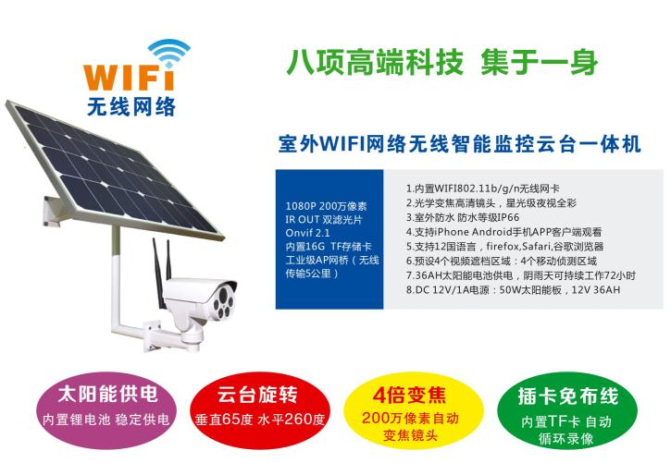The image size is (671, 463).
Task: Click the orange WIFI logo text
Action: point(129,78)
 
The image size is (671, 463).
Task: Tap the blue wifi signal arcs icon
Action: point(168,53)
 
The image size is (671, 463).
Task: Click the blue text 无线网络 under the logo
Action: point(130,107)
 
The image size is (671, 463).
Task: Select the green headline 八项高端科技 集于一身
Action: point(441,62)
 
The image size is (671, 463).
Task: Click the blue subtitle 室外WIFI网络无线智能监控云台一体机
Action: point(460,144)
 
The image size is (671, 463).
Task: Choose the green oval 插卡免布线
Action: point(567,410)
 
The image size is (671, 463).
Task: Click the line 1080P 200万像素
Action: point(326,206)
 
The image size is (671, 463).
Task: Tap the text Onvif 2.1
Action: point(307,233)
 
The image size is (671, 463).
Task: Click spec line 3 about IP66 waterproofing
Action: point(463,217)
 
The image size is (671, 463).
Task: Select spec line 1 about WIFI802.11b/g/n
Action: point(483,189)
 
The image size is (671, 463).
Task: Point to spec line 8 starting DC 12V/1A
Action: point(513,290)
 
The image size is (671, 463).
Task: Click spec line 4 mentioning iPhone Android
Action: point(503,232)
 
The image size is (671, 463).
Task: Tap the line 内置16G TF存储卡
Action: point(329,247)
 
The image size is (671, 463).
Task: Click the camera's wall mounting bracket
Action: point(171,336)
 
